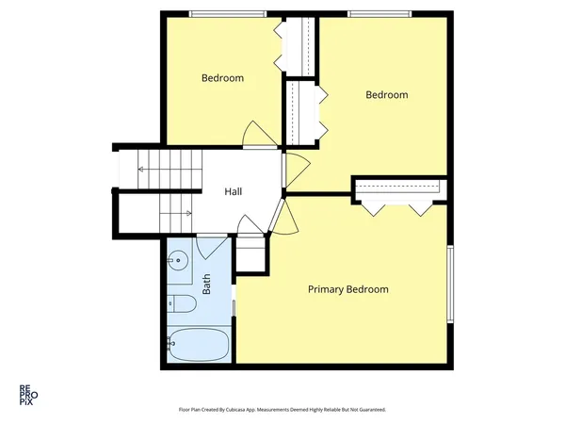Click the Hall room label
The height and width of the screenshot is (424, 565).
coord(234,192)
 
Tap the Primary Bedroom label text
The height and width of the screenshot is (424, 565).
coord(348,289)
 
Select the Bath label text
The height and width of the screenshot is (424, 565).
coord(206,282)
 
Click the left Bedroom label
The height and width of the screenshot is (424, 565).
coord(223,78)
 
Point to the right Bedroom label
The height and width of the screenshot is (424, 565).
coord(387,95)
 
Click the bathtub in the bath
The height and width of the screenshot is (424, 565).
coord(199,344)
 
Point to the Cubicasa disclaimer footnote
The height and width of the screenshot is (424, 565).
coord(282,410)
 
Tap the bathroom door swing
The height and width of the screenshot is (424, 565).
coord(211,247)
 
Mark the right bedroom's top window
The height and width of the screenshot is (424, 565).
coord(379,14)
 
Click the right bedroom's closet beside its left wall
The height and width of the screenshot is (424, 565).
coord(302,111)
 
